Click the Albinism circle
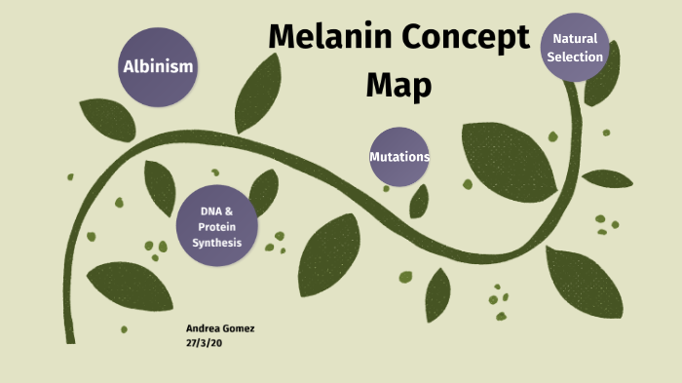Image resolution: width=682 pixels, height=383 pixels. click(x=158, y=67)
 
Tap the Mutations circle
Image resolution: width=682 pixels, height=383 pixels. click(x=399, y=157)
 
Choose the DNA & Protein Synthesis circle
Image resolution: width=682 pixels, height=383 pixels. click(x=216, y=226)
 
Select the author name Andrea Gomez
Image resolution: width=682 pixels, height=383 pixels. click(x=219, y=328)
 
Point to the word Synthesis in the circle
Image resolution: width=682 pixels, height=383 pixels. click(x=216, y=243)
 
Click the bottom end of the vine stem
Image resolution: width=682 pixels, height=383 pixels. click(x=70, y=337)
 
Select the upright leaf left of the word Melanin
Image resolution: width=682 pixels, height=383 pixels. click(x=257, y=93)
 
